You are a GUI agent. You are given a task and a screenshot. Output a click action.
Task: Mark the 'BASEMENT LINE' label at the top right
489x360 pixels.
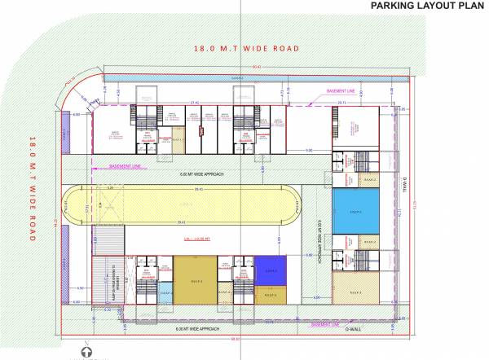click(x=341, y=90)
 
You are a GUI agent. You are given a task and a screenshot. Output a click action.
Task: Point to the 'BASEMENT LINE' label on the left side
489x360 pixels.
click(x=126, y=165)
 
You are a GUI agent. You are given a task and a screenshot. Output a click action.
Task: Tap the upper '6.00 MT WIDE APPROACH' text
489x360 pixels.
click(x=199, y=174)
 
